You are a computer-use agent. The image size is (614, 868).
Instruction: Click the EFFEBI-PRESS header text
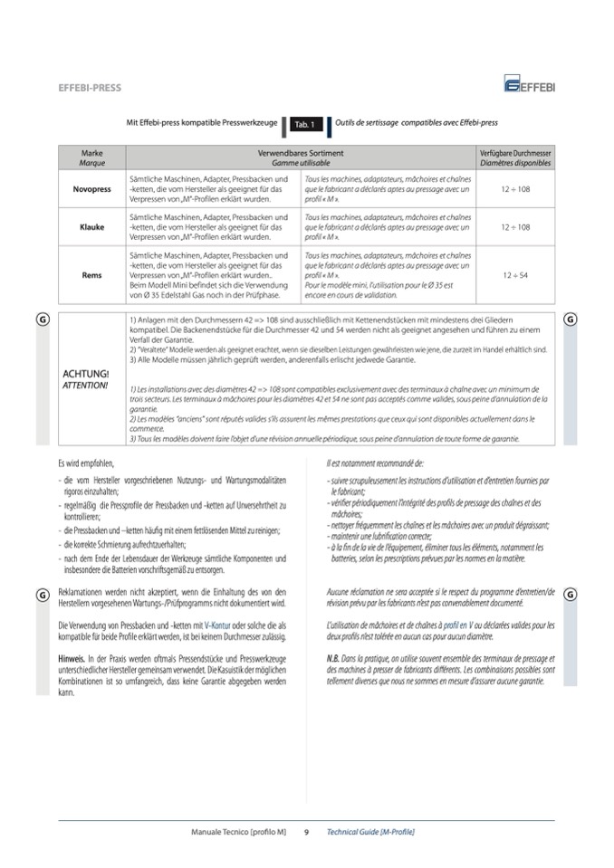click(x=89, y=88)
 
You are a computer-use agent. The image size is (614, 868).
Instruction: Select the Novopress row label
click(x=91, y=189)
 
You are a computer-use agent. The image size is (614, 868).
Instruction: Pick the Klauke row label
click(x=91, y=227)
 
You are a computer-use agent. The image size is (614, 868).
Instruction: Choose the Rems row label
click(x=91, y=275)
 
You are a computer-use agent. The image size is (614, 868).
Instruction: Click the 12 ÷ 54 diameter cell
click(x=514, y=275)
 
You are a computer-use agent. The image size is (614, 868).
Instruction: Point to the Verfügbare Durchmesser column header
click(x=514, y=154)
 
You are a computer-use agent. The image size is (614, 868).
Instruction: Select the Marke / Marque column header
click(x=91, y=158)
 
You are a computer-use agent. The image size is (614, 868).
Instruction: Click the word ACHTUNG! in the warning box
click(x=86, y=373)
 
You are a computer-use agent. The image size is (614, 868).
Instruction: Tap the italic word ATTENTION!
click(x=85, y=385)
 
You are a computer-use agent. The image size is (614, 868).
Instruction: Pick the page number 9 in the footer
click(x=306, y=831)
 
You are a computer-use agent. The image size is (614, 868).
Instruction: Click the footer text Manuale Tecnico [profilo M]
click(x=239, y=831)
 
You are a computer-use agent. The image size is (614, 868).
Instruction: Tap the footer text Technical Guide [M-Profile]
click(x=370, y=831)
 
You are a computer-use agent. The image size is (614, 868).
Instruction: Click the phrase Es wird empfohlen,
click(x=87, y=464)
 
